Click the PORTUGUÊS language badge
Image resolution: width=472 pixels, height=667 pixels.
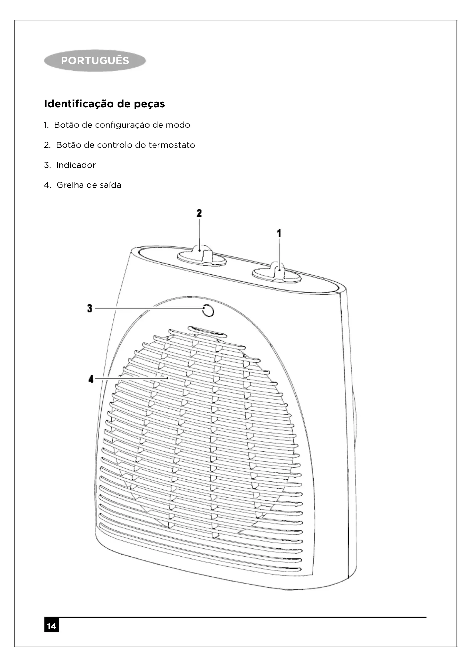coord(95,60)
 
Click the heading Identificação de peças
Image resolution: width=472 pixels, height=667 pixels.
coord(104,104)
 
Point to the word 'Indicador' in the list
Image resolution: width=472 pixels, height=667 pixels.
coord(76,165)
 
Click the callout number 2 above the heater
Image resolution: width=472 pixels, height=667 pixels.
coord(199,213)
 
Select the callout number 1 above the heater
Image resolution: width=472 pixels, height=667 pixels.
coord(279,233)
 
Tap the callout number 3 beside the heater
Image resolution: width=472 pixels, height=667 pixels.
coord(90,308)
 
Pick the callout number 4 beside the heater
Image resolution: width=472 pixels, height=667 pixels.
coord(91,379)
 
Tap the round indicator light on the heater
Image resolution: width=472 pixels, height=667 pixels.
coord(208,311)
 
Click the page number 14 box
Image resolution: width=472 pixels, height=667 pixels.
coord(51,626)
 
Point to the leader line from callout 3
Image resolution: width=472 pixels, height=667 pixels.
coord(148,308)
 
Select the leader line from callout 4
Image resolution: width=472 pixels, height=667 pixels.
coord(131,378)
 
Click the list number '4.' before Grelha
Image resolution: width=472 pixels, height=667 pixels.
coord(47,185)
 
